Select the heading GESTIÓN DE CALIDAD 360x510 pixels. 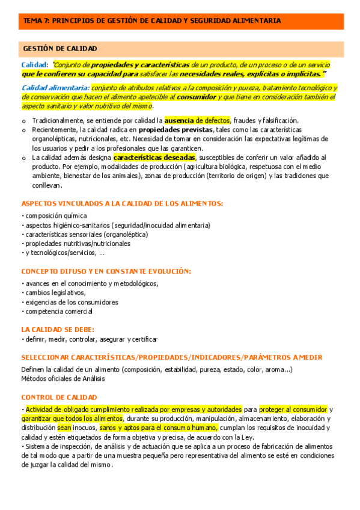60,48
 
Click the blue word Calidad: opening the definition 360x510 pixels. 34,64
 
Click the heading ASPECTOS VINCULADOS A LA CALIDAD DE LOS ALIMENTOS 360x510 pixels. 122,204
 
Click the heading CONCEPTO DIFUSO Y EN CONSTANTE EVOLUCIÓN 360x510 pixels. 106,271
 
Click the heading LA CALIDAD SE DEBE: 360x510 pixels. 58,329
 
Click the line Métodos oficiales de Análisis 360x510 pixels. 63,378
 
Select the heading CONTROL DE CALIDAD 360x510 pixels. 59,398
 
